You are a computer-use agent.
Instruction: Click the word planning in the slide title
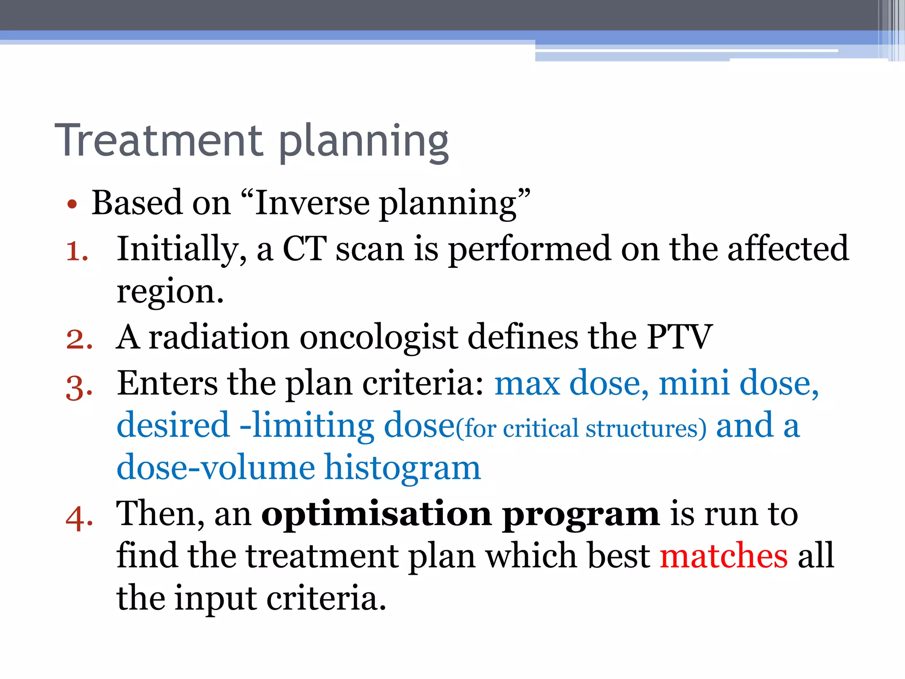coord(364,142)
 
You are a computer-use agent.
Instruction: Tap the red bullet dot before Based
coord(72,205)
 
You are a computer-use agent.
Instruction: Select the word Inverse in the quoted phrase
coord(312,203)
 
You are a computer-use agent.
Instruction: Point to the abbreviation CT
coord(304,249)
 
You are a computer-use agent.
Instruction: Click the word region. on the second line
coord(170,293)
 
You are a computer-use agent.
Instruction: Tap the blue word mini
coord(694,382)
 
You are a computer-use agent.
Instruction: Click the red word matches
coord(723,556)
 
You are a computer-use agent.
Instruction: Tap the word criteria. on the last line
coord(326,598)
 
